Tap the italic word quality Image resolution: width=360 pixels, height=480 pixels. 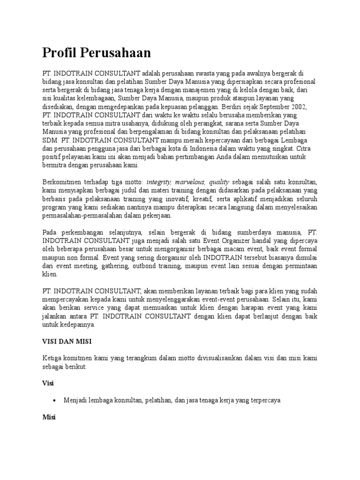pyautogui.click(x=219, y=182)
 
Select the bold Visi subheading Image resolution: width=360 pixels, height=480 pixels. pyautogui.click(x=48, y=383)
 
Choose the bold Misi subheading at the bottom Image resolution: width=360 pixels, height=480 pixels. pyautogui.click(x=49, y=417)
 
